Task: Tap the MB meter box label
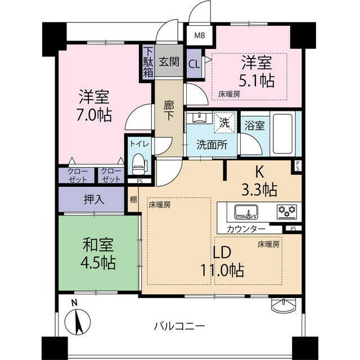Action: pyautogui.click(x=199, y=35)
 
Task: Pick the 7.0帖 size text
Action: pyautogui.click(x=94, y=115)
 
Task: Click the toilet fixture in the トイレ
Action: pyautogui.click(x=139, y=166)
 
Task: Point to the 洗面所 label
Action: pyautogui.click(x=212, y=144)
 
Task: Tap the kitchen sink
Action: pyautogui.click(x=245, y=212)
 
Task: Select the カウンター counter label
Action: pyautogui.click(x=246, y=229)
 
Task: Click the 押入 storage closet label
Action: pyautogui.click(x=93, y=199)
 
